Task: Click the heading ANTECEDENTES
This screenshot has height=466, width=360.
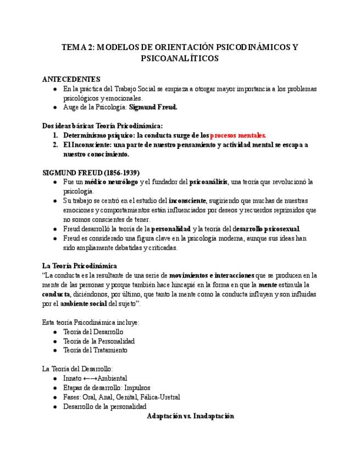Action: click(x=71, y=79)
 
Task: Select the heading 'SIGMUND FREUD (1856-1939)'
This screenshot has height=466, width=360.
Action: click(x=91, y=172)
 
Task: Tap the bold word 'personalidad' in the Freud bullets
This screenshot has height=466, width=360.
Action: click(x=170, y=229)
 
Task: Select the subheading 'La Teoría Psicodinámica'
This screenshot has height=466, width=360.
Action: click(x=81, y=265)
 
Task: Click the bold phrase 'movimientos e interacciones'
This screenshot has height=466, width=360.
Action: click(x=212, y=275)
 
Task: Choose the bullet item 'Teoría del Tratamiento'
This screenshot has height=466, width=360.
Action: click(x=95, y=350)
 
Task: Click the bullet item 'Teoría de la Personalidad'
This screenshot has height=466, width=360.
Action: click(x=99, y=341)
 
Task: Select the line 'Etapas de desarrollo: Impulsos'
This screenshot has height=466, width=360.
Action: click(x=107, y=387)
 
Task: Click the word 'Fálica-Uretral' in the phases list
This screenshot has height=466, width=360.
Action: click(x=158, y=397)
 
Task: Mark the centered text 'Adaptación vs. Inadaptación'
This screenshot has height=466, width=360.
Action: click(x=191, y=416)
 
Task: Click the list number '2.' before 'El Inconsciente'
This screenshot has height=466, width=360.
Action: click(x=56, y=145)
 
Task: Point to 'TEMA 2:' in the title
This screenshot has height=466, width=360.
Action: click(x=78, y=47)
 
